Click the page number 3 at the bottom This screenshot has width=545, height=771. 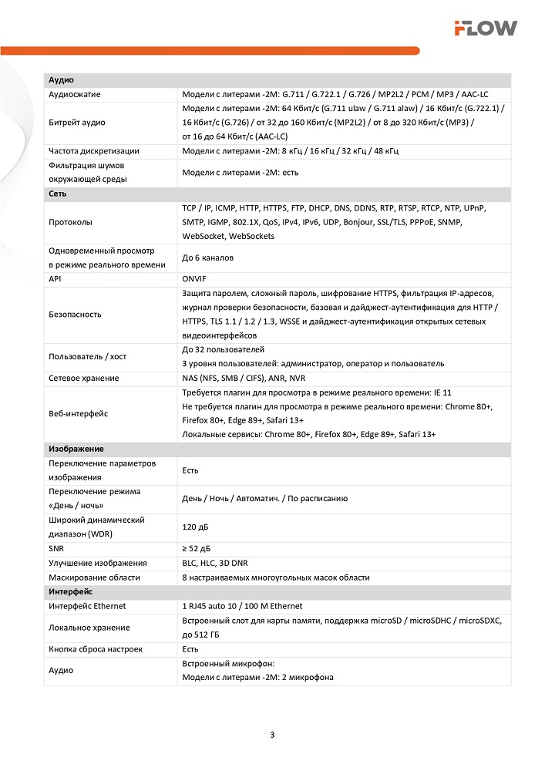[272, 733]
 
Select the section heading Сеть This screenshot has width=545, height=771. [58, 194]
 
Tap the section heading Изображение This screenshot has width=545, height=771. [76, 449]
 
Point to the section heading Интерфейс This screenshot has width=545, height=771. [70, 591]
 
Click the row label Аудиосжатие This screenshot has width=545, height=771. [75, 94]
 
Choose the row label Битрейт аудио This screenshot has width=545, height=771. [77, 123]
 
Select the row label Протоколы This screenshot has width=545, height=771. [70, 222]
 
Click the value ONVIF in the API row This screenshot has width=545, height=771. [194, 279]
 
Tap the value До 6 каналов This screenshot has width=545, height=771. [207, 258]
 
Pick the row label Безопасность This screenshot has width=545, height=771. [75, 315]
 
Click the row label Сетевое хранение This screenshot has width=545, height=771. [83, 378]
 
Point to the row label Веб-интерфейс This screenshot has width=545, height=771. [78, 413]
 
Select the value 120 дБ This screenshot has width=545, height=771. [194, 527]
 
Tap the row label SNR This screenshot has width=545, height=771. [57, 548]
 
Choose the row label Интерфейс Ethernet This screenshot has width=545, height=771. [87, 606]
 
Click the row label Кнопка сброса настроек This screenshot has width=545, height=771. [95, 649]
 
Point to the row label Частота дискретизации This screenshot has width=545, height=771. [93, 151]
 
